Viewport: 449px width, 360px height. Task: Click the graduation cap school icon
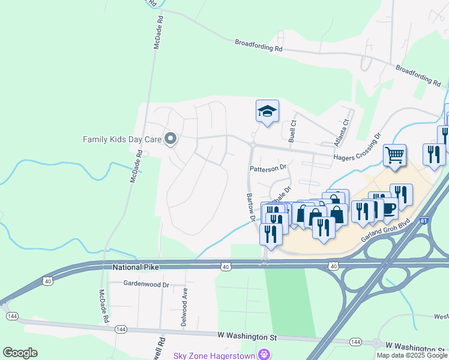pyautogui.click(x=267, y=111)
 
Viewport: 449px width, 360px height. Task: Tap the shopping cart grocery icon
pyautogui.click(x=394, y=155)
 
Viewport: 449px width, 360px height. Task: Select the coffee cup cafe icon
pyautogui.click(x=388, y=208)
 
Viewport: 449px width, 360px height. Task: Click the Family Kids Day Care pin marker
pyautogui.click(x=170, y=139)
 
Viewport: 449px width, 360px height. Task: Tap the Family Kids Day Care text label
pyautogui.click(x=122, y=139)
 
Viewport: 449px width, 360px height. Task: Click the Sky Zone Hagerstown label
pyautogui.click(x=214, y=355)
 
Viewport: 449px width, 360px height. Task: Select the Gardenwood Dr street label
pyautogui.click(x=146, y=283)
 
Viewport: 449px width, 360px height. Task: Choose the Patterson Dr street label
pyautogui.click(x=269, y=169)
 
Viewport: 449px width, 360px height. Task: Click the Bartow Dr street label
pyautogui.click(x=250, y=206)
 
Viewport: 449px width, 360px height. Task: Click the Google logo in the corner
pyautogui.click(x=20, y=352)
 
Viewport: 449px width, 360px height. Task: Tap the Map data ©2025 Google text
pyautogui.click(x=412, y=355)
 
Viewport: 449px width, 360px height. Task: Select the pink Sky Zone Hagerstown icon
pyautogui.click(x=263, y=355)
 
